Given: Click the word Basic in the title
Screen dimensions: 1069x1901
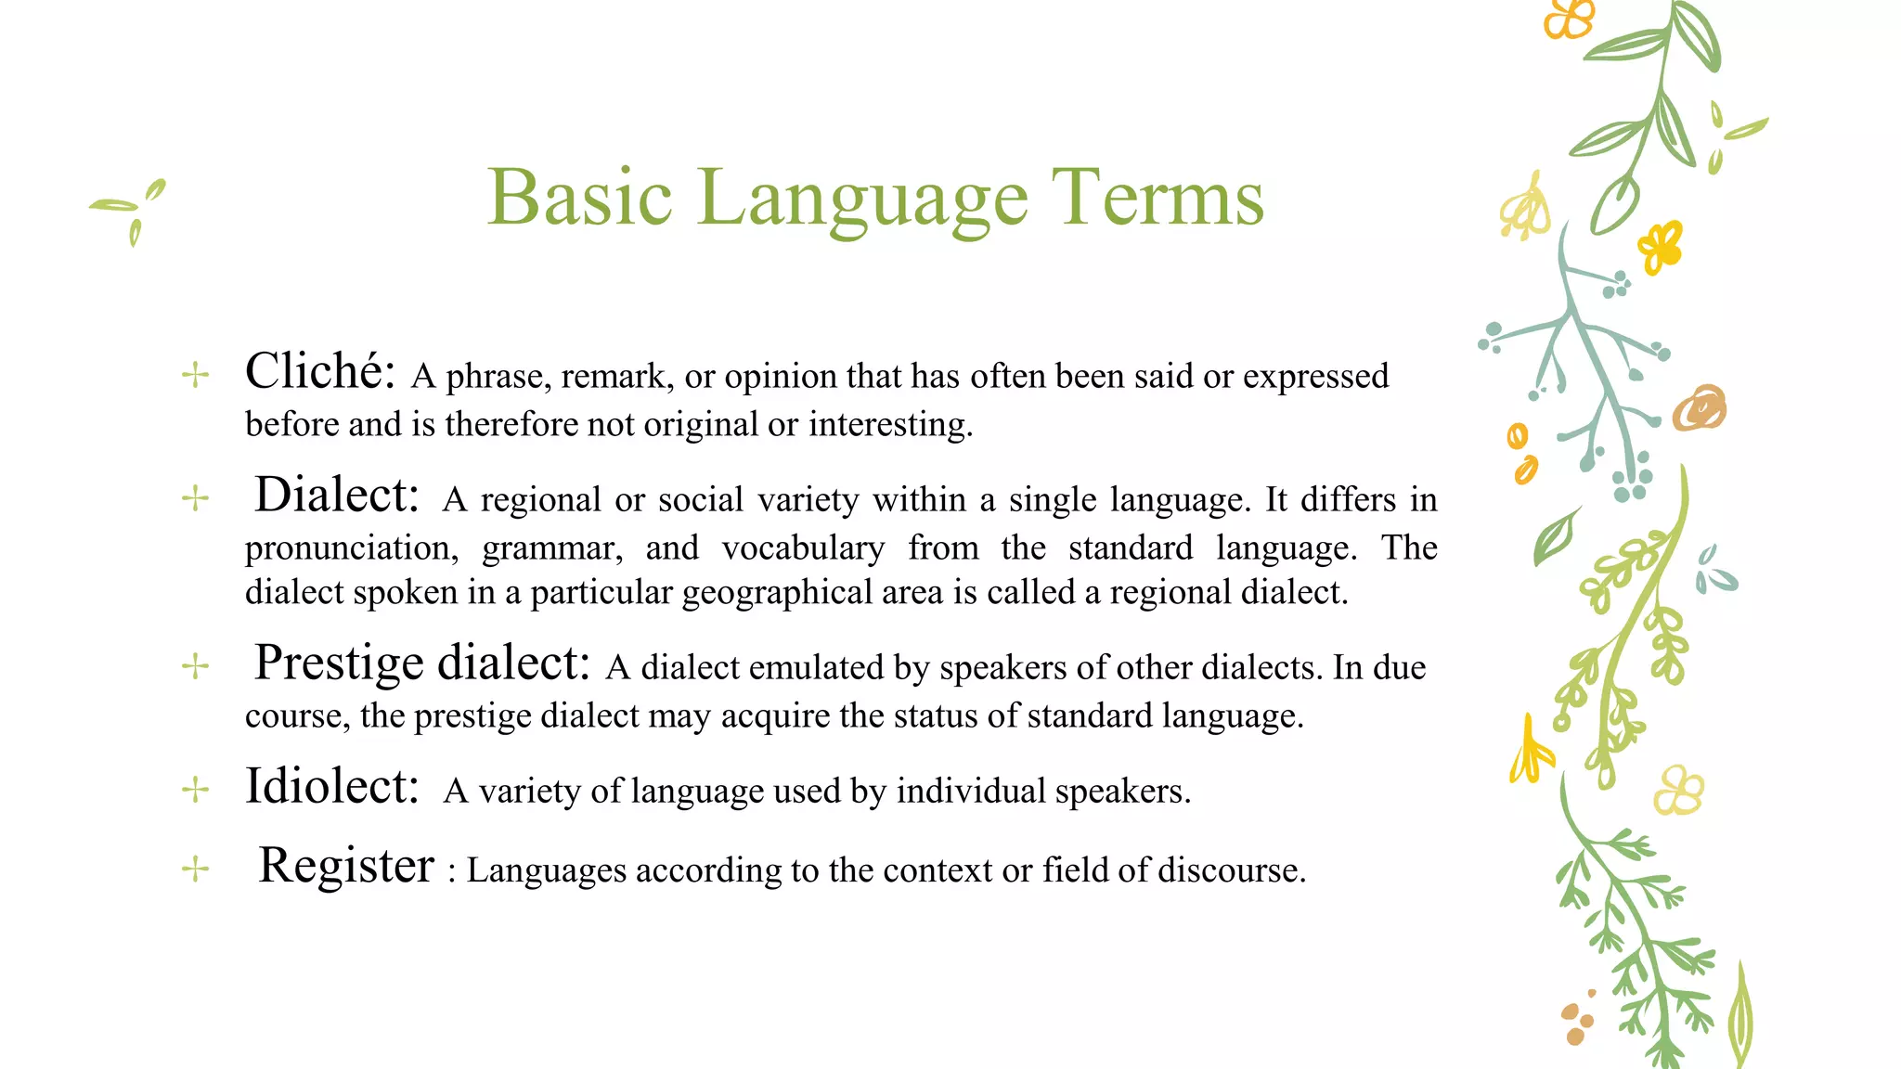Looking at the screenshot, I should coord(579,197).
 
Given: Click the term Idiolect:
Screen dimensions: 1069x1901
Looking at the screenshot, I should coord(331,786).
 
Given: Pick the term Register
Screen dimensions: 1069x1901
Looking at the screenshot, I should coord(345,865).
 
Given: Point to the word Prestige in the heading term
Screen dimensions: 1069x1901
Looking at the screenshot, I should coord(339,663).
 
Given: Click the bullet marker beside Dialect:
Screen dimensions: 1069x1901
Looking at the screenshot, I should coord(195,498).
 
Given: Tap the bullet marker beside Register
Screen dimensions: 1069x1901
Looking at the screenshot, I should coord(195,869).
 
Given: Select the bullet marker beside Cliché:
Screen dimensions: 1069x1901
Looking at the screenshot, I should coord(195,376).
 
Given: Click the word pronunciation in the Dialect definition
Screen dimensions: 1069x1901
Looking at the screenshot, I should coord(351,548).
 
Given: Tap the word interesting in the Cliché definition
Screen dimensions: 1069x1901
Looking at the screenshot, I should coord(888,424).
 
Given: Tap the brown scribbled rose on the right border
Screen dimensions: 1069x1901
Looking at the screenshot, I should coord(1700,407).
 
